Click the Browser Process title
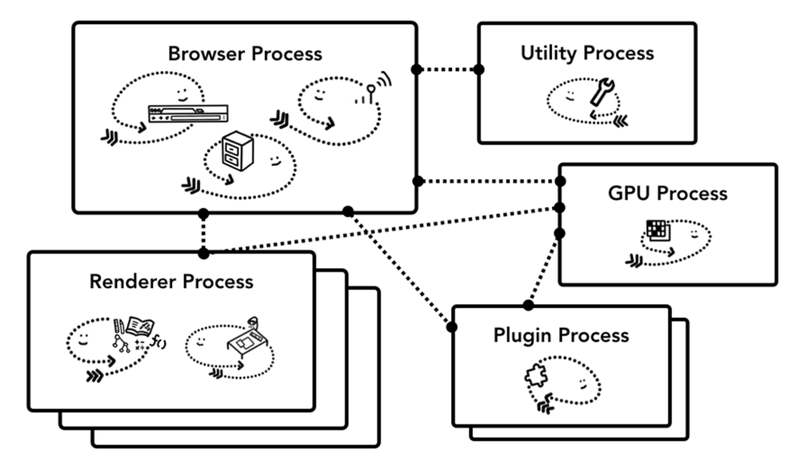(x=245, y=53)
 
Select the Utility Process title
(x=587, y=53)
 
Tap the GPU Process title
(x=667, y=193)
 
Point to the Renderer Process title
(x=171, y=281)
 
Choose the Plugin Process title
(x=561, y=335)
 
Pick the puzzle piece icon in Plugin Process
(x=535, y=377)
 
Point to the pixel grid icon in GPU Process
(x=658, y=230)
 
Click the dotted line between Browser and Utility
(x=448, y=69)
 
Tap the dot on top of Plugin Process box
(x=529, y=305)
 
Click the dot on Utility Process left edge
(x=479, y=69)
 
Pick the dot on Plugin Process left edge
(x=453, y=327)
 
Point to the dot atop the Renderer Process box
(x=204, y=254)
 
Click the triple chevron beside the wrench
(x=621, y=119)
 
